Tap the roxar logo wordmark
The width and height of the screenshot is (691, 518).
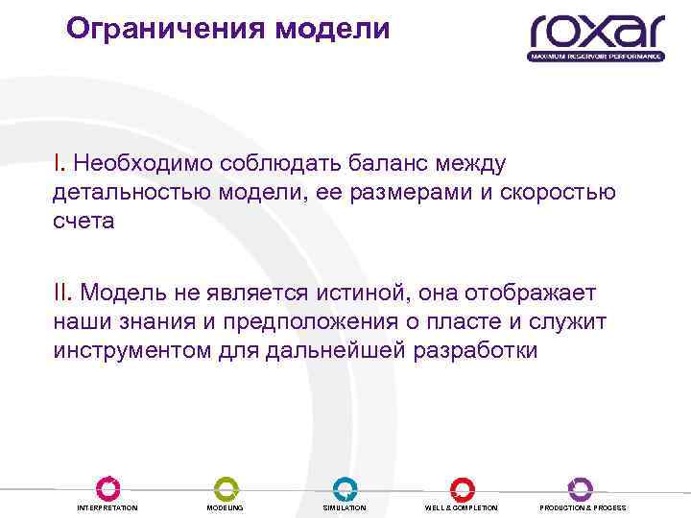(596, 31)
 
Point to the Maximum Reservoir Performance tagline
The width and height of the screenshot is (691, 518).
(596, 57)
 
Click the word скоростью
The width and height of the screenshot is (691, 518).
(560, 193)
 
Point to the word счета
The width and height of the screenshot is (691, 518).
(83, 220)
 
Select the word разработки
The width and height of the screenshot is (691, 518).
(476, 348)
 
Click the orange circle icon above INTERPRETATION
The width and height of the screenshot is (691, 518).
(107, 487)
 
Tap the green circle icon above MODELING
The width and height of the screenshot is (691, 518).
(226, 487)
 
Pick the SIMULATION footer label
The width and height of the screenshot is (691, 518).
(345, 507)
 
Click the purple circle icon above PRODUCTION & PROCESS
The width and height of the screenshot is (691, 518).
(581, 487)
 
